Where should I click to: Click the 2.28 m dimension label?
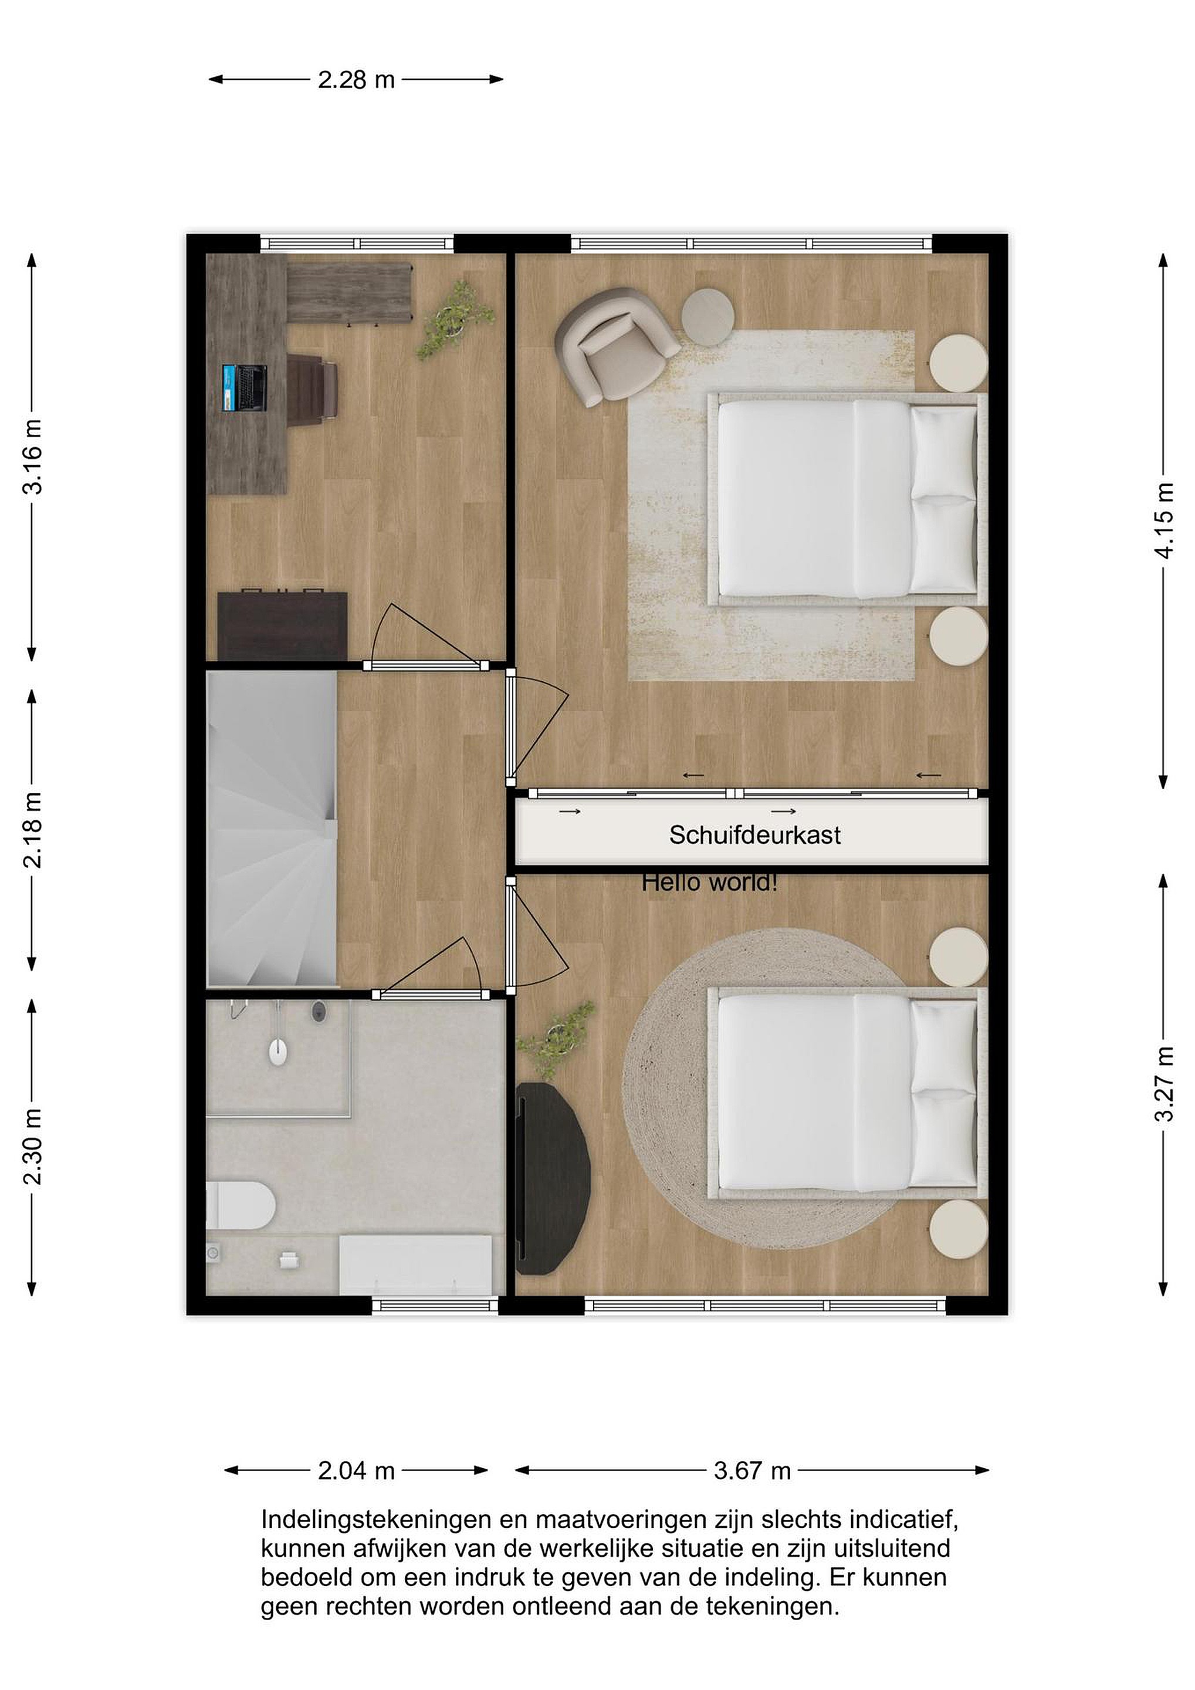[356, 79]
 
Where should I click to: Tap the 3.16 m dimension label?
[32, 457]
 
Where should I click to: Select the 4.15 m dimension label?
[1164, 521]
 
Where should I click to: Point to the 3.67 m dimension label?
[752, 1471]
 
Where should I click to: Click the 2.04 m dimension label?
[356, 1471]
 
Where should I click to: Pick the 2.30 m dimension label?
[32, 1146]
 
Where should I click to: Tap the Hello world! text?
[709, 882]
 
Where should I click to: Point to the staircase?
[271, 829]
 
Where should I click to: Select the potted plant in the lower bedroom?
[555, 1040]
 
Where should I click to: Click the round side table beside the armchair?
[708, 315]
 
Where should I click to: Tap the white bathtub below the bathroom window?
[416, 1265]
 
